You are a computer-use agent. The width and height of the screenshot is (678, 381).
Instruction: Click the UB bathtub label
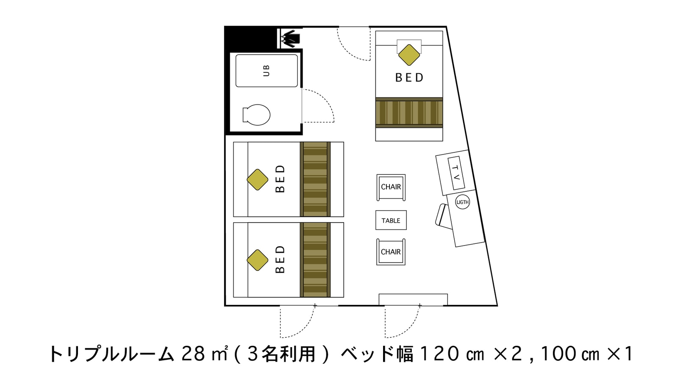[266, 71]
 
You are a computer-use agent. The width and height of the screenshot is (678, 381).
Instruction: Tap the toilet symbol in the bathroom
[256, 115]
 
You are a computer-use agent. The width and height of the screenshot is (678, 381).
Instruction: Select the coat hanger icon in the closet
[291, 39]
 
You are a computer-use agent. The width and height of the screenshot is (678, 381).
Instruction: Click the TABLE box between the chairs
[391, 220]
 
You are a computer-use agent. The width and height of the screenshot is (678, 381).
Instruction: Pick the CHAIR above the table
[391, 187]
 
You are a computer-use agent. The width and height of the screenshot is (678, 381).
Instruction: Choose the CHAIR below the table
[391, 252]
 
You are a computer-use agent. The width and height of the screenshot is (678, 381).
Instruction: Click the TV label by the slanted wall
[456, 173]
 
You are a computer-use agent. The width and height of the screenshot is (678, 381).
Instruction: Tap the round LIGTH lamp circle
[462, 202]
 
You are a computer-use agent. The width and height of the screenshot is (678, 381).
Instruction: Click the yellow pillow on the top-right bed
[409, 55]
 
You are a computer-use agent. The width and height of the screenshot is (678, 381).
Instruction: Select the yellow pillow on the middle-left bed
[257, 179]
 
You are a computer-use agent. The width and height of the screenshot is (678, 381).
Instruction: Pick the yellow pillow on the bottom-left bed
[257, 260]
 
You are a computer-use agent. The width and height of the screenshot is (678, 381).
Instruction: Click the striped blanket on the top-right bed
[409, 113]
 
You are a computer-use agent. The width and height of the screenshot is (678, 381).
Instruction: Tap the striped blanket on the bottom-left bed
[315, 260]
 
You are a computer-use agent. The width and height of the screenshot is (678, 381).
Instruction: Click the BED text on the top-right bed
[409, 78]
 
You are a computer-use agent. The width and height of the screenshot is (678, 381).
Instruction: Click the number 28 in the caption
[193, 354]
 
